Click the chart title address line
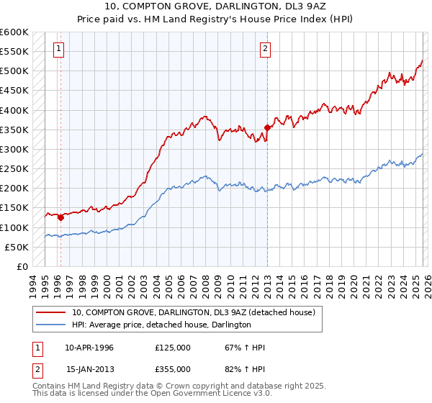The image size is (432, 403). [x=216, y=7]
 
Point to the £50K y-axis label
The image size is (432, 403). [x=16, y=247]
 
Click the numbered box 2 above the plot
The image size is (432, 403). [x=266, y=49]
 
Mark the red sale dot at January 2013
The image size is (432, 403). [x=267, y=127]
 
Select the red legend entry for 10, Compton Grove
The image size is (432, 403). [x=193, y=313]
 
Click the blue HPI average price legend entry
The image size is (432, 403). [x=161, y=325]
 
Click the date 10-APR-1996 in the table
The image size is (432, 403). [x=89, y=348]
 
